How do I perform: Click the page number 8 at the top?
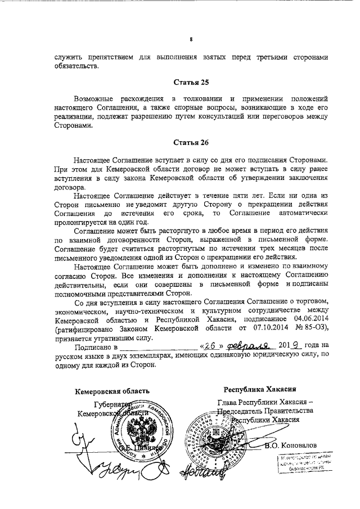[x=191, y=39]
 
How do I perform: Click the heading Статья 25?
[x=191, y=83]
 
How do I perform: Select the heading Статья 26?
[x=191, y=143]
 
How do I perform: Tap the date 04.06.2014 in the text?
[x=306, y=317]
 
